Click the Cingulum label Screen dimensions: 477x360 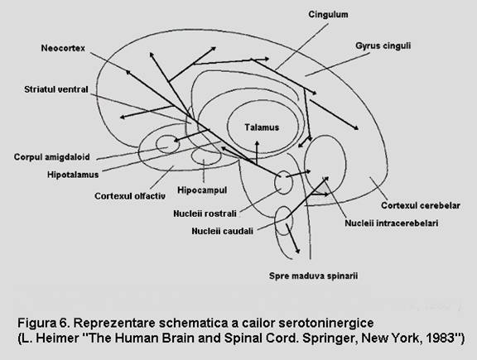tap(328, 15)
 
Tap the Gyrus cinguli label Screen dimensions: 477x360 tap(383, 46)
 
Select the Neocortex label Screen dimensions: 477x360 tap(63, 48)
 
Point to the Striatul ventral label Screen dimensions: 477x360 tap(56, 89)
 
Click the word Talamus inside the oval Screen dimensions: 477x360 tap(262, 127)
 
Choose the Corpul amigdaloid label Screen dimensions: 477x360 tap(51, 157)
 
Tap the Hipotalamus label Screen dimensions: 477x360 tap(73, 175)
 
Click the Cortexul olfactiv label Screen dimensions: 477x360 tap(130, 196)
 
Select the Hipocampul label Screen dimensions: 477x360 tap(202, 190)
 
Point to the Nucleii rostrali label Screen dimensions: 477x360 tap(205, 214)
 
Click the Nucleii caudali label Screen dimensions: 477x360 tap(223, 231)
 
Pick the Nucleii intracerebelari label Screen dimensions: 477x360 tap(392, 223)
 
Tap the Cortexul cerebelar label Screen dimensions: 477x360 tap(421, 205)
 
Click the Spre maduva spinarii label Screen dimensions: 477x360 tap(313, 276)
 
